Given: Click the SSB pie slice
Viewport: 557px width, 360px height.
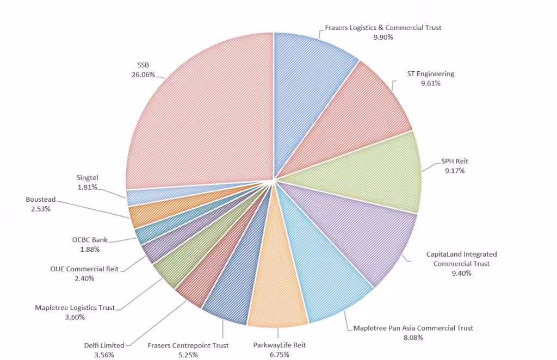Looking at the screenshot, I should (x=207, y=109).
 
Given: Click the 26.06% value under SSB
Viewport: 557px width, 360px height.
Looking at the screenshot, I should (x=143, y=75).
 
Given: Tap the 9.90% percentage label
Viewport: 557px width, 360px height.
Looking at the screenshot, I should (x=383, y=37).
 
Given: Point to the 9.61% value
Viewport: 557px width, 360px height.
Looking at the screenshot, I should (x=430, y=83).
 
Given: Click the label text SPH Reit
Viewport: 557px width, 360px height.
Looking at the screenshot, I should (x=454, y=161).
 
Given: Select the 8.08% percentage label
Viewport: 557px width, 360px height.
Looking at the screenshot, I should (x=413, y=337).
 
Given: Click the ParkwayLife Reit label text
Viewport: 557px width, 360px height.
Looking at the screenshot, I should (x=279, y=345).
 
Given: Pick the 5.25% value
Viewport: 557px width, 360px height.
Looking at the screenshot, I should (x=188, y=355).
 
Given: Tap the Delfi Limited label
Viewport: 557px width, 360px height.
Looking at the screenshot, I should (x=104, y=345).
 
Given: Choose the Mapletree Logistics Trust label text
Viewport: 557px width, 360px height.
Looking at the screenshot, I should (x=75, y=308).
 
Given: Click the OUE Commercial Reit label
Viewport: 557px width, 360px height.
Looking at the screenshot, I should (x=84, y=269).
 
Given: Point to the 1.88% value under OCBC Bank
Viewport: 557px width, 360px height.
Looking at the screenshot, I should (x=90, y=249).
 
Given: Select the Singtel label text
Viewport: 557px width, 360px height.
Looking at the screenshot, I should (x=87, y=177).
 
